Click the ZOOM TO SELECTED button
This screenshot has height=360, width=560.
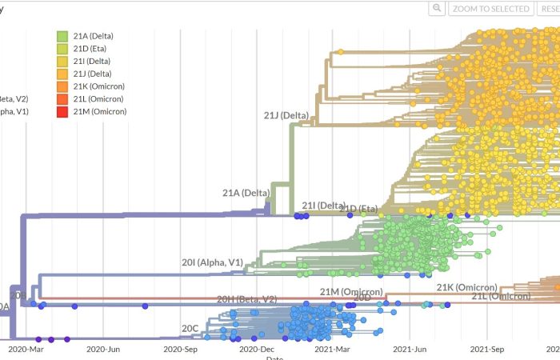(x=490, y=9)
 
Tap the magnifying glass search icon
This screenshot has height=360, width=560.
(x=436, y=9)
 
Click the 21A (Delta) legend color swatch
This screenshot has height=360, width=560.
(x=62, y=35)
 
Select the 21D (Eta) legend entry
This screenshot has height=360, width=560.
(x=91, y=48)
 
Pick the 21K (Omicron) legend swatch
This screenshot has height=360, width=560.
(x=62, y=86)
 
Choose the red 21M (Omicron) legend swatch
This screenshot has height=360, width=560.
(x=62, y=111)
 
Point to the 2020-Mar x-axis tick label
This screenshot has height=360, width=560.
(x=29, y=349)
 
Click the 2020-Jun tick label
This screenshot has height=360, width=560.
(x=103, y=349)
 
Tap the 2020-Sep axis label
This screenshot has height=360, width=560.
(x=180, y=349)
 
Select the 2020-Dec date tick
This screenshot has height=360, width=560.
(x=256, y=349)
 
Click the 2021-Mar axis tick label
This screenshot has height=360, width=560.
(x=331, y=349)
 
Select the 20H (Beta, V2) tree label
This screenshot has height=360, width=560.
(x=246, y=299)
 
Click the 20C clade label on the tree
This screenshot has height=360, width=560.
(x=190, y=329)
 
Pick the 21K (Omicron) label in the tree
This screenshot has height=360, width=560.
(x=466, y=287)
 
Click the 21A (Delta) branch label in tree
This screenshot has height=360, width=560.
(x=246, y=193)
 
